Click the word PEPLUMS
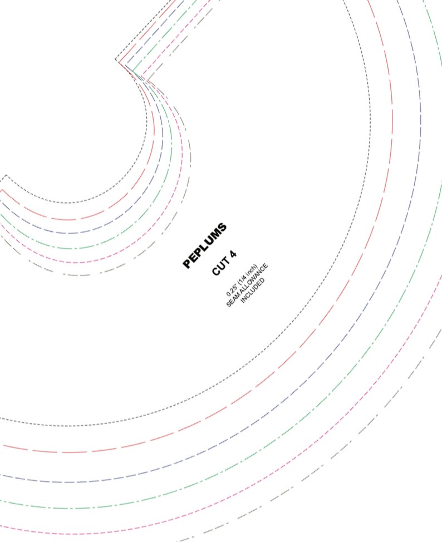[x=204, y=245]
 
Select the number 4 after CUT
[x=233, y=254]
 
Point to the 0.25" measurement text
[x=232, y=291]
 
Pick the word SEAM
[x=232, y=300]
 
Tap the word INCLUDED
[x=253, y=290]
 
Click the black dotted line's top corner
[x=116, y=60]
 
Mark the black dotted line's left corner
[x=6, y=175]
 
